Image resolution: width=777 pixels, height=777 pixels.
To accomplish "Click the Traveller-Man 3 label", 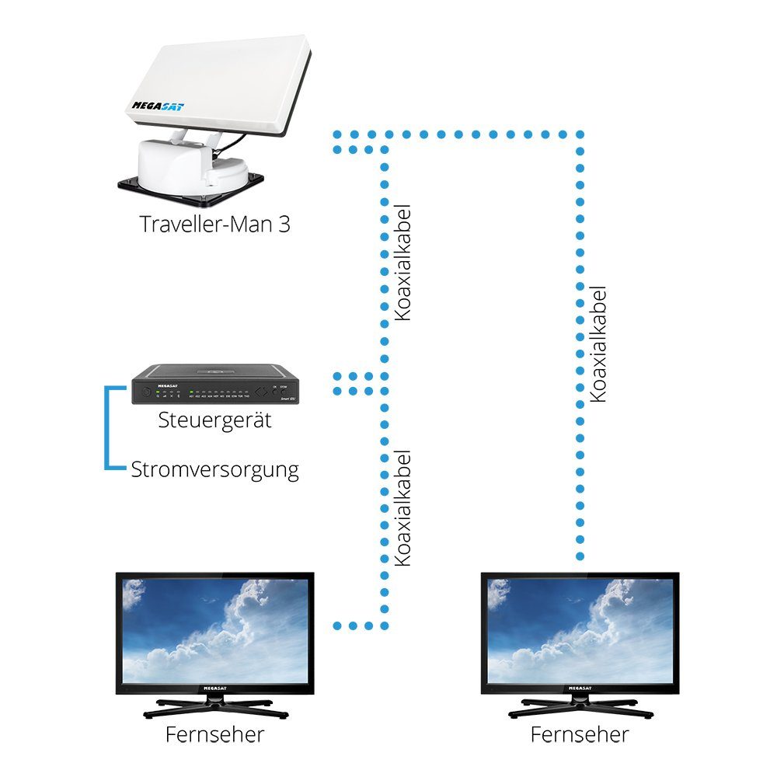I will click(x=215, y=225).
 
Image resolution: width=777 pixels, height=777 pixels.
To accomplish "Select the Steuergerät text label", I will click(x=214, y=421).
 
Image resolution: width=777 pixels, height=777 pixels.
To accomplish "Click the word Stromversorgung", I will click(x=214, y=470).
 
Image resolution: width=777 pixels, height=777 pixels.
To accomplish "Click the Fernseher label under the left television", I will click(x=215, y=734).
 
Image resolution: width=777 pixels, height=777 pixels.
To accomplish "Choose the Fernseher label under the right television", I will click(x=580, y=734).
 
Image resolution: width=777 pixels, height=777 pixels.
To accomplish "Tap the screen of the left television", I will click(x=214, y=630).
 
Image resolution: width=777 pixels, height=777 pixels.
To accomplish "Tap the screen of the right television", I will click(x=580, y=630).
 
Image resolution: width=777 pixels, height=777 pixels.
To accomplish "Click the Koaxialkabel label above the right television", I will click(x=598, y=343).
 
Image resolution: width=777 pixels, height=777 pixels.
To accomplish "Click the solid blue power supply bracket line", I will click(x=108, y=427).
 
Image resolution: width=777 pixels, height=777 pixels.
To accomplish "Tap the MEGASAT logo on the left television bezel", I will click(x=214, y=688).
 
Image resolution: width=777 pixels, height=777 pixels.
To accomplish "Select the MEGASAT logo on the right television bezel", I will click(x=580, y=688).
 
